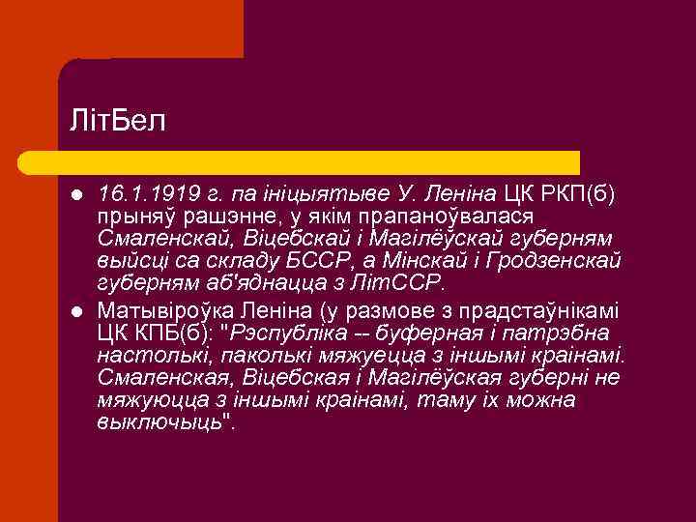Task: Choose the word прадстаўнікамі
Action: [x=547, y=311]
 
